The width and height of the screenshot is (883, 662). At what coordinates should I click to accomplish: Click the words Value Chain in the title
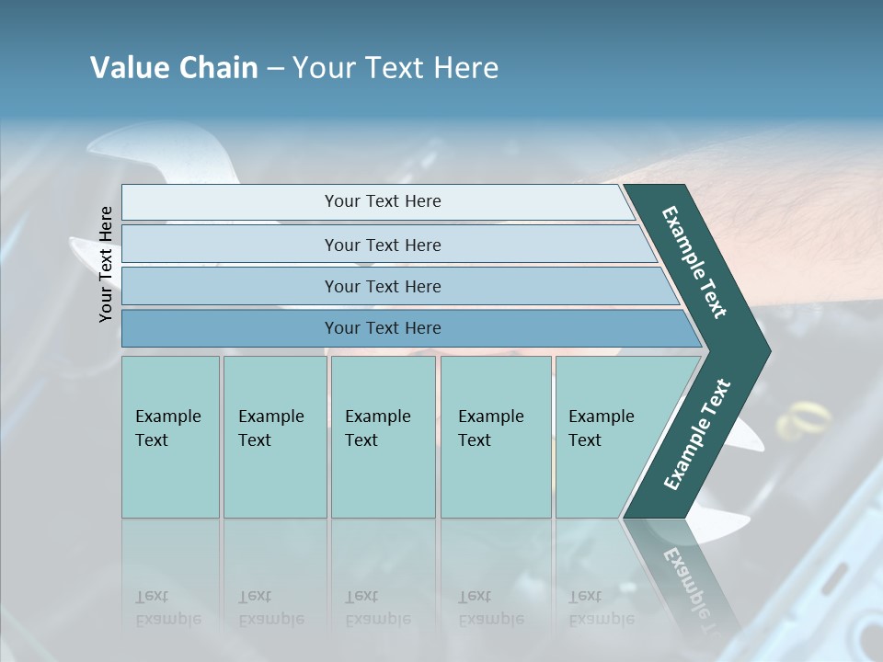tap(174, 68)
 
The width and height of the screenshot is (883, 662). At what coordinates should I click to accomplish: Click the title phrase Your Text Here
tap(396, 68)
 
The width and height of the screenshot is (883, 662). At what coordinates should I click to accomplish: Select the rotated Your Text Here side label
tap(107, 265)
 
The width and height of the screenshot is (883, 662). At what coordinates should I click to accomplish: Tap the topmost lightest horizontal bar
tap(382, 201)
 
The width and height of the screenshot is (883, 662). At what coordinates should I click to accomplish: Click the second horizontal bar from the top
tap(382, 245)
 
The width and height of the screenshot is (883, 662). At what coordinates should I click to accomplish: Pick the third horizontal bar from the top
tap(382, 286)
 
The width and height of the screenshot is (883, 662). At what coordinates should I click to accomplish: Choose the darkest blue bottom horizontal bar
tap(382, 328)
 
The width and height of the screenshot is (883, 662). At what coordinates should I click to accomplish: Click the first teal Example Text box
tap(170, 437)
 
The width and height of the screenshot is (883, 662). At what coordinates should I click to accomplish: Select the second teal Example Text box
tap(274, 437)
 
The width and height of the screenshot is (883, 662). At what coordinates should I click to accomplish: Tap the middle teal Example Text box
tap(383, 437)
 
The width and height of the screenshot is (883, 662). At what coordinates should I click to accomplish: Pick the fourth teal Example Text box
tap(495, 437)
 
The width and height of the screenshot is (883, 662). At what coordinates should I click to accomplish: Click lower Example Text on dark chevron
tap(697, 434)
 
